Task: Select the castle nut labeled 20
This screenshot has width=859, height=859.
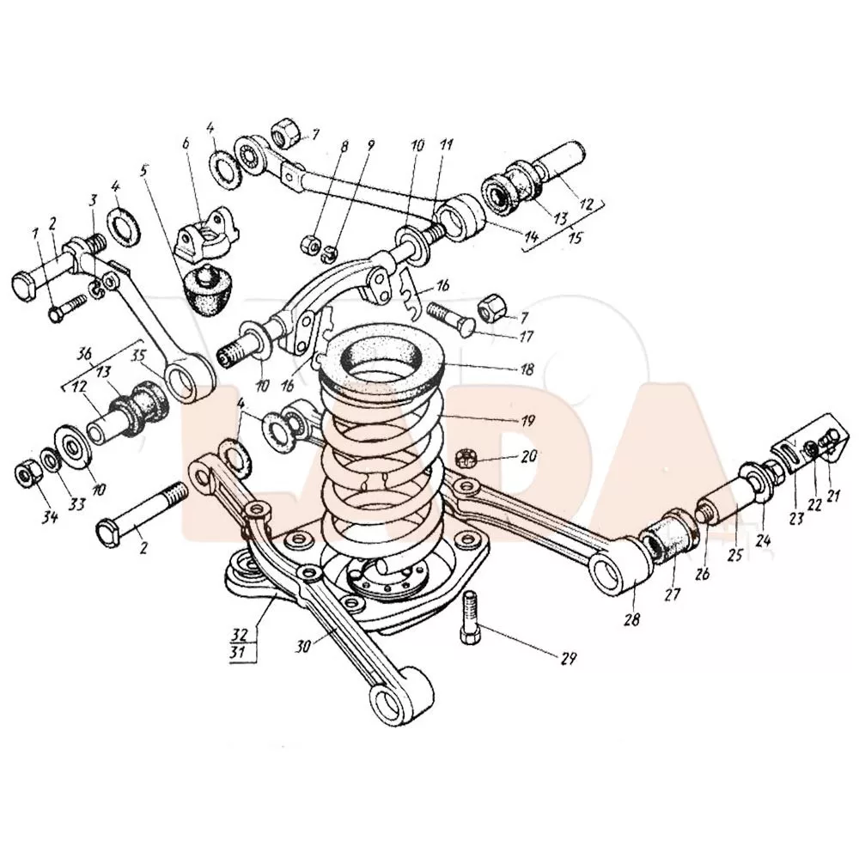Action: coord(468,456)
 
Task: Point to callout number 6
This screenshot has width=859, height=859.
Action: coord(184,143)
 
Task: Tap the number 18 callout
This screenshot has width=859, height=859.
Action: coord(526,370)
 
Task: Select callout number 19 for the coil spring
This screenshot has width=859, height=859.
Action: coord(527,421)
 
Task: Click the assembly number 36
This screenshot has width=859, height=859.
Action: coord(84,354)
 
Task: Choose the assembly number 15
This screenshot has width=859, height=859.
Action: coord(573,238)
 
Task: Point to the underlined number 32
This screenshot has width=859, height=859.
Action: coord(242,637)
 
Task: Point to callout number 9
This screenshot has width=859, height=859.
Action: coord(371,147)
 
